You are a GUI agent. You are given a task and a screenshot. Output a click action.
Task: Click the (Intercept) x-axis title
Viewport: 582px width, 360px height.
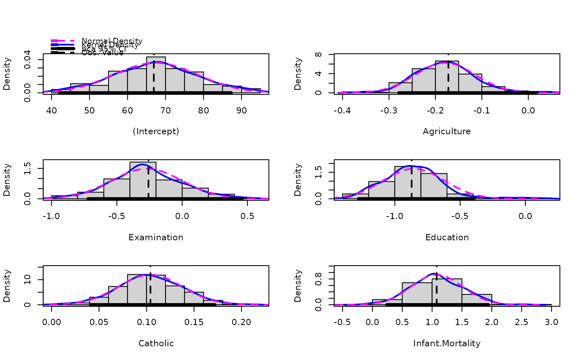156,131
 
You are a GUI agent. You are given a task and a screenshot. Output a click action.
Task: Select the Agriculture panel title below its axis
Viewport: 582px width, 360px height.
447,131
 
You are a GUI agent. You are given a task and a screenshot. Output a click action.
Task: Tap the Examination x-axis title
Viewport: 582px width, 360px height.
156,237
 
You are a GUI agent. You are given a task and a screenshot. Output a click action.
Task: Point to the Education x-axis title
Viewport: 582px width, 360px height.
447,237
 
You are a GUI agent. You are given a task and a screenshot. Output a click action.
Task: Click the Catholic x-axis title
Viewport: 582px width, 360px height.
156,343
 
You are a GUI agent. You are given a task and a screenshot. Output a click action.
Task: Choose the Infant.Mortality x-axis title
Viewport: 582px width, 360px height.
447,343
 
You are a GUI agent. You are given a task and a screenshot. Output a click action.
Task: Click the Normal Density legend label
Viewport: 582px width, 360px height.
112,41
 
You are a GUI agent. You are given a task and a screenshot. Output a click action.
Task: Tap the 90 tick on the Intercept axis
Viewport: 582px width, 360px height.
242,111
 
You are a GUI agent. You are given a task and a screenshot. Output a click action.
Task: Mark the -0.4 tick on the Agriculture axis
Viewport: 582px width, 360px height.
343,111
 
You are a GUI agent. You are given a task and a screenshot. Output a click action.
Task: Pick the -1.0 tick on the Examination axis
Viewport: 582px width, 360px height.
52,217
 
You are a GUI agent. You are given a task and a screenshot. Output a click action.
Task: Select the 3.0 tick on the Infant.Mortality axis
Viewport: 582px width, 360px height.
551,323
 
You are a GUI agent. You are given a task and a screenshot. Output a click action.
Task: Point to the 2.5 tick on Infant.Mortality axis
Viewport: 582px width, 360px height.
522,323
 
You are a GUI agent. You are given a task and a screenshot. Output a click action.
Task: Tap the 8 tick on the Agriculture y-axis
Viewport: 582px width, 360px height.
318,54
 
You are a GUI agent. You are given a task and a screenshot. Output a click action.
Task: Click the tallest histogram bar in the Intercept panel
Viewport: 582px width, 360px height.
156,75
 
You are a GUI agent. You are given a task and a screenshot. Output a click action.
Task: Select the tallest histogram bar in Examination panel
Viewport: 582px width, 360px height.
143,180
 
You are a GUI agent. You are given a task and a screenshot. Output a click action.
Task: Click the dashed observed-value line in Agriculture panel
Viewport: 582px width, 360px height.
448,77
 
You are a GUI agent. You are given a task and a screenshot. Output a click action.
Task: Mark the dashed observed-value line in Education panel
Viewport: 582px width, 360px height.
411,183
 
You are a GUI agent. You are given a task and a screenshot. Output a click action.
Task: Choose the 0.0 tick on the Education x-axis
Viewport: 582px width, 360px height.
525,217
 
